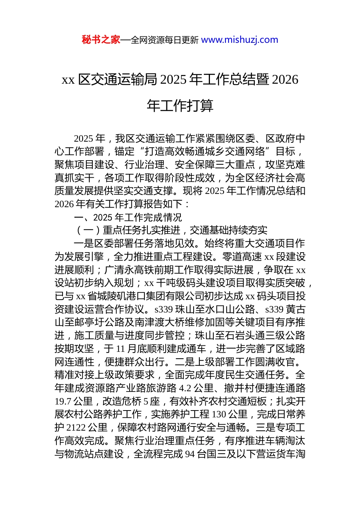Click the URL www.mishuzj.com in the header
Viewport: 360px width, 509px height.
coord(239,40)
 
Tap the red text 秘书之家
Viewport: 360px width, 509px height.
coord(101,40)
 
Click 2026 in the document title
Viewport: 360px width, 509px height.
coord(285,80)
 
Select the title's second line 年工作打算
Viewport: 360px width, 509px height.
coord(180,106)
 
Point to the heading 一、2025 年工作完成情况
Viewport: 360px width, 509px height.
coord(128,217)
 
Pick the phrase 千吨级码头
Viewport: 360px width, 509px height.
coord(180,283)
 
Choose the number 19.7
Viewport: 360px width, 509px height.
coord(63,401)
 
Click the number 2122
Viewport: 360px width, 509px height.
coord(76,428)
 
